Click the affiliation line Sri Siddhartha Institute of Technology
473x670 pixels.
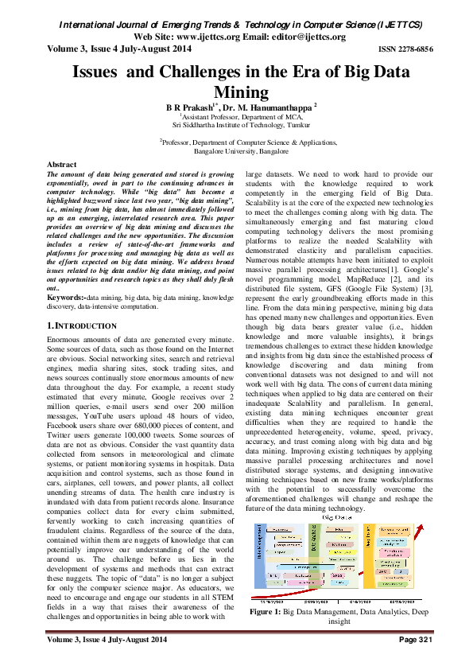coord(236,124)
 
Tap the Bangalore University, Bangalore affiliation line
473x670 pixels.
coord(236,150)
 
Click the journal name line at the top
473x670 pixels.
coord(236,25)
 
